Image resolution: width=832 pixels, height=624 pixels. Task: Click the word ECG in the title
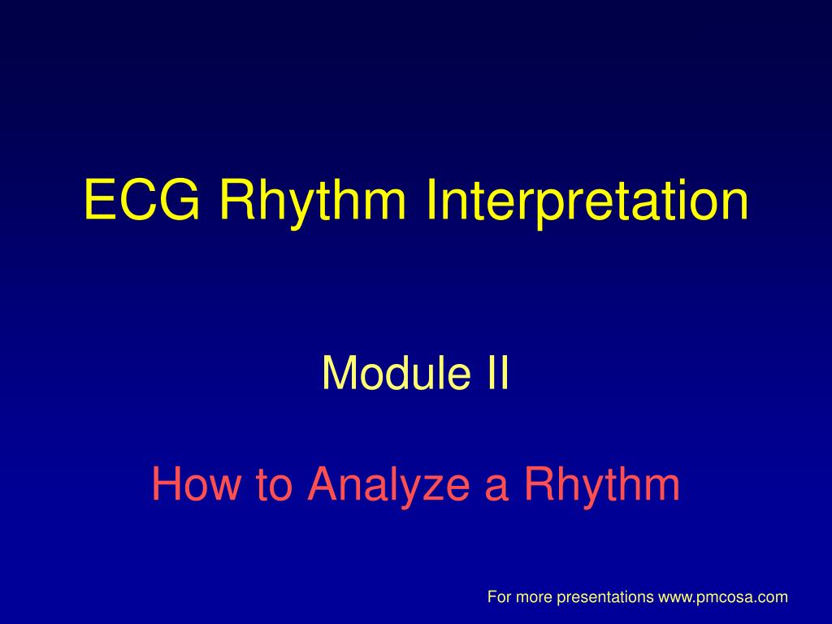[x=142, y=199]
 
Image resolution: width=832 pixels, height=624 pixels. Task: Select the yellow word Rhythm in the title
[x=313, y=203]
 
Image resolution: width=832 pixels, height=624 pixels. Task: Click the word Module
[x=396, y=372]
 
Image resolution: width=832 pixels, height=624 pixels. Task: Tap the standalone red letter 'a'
[x=496, y=488]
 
